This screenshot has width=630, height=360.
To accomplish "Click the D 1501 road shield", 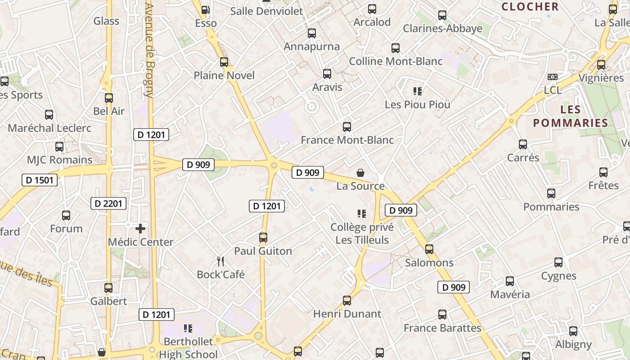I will [40, 180].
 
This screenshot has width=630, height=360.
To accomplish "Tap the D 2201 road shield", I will [108, 203].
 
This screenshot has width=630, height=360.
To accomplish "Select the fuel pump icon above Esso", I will [205, 9].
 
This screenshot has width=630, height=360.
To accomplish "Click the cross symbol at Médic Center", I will [140, 229].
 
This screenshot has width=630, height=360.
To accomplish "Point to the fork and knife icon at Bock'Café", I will [220, 261].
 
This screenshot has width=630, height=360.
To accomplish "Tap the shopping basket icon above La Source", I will [360, 172].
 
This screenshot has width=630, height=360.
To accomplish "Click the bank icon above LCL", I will [553, 77].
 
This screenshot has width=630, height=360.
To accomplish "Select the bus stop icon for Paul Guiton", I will [263, 238].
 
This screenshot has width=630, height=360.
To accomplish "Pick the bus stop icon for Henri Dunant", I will [347, 300].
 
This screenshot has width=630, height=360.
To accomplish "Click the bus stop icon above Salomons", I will [429, 249].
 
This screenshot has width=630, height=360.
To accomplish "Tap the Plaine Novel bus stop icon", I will [224, 62].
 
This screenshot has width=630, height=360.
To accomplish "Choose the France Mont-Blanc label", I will [347, 140].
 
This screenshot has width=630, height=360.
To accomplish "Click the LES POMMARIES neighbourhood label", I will [571, 116].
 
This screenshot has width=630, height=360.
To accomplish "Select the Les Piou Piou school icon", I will [417, 91].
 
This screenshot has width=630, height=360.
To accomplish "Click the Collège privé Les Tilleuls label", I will [362, 233].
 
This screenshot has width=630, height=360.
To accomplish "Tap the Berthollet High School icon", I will [188, 328].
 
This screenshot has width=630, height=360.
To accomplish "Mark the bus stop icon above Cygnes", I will [558, 262].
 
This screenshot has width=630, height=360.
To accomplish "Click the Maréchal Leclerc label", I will [49, 128].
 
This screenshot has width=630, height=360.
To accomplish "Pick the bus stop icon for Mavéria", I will [510, 281].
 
